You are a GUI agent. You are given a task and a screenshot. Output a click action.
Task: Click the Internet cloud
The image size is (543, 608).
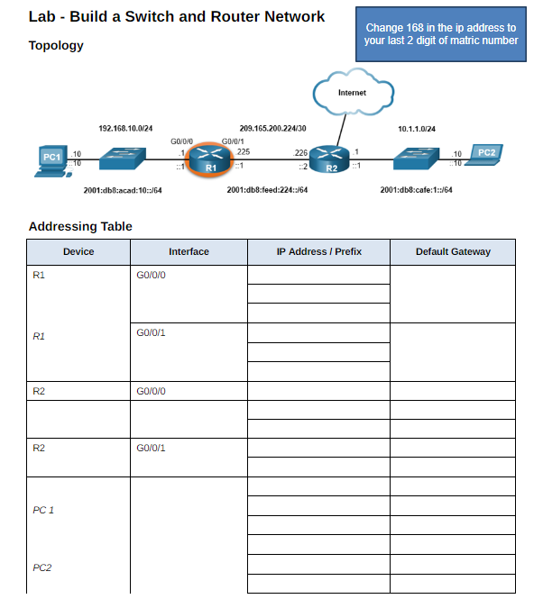click(352, 94)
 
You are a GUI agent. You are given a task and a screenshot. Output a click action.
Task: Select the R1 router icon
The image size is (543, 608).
click(209, 159)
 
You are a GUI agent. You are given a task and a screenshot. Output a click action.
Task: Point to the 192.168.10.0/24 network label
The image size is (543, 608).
click(125, 129)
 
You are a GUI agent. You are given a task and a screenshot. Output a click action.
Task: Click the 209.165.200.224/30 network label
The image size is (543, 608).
click(272, 129)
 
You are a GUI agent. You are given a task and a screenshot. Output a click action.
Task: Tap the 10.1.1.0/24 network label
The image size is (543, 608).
click(417, 129)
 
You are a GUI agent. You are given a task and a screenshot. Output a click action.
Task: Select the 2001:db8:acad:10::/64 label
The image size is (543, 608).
click(123, 190)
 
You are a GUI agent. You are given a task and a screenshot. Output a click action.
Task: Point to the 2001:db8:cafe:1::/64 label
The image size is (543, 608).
click(416, 190)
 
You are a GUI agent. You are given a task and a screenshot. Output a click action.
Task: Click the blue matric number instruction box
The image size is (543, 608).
click(441, 34)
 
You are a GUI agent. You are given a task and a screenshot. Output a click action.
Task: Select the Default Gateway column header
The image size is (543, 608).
click(453, 251)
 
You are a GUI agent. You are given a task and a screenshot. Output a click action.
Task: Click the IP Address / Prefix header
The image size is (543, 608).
click(318, 251)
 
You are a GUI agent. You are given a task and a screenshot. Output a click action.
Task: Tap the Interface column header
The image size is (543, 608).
click(189, 251)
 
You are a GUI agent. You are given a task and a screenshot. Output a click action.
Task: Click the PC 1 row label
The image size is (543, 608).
click(43, 510)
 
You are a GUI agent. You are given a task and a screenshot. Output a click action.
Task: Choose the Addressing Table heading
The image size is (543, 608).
click(80, 226)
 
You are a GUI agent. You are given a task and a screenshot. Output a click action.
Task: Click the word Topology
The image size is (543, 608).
click(56, 45)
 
